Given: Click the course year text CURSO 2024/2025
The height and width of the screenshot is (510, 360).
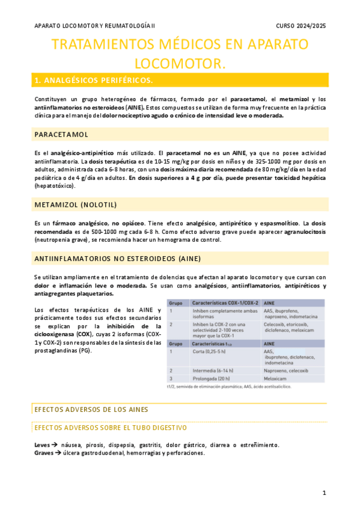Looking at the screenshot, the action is (301, 26).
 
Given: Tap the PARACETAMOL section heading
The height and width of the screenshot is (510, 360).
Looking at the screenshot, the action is (61, 134).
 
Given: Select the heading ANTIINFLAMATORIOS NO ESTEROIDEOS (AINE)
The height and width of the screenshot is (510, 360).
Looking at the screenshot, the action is (117, 259).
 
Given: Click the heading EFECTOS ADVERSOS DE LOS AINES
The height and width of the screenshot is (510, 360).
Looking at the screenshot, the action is (91, 410).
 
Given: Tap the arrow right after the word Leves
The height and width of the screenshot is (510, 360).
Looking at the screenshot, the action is (55, 445).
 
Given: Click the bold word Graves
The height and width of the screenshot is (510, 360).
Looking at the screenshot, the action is (46, 453).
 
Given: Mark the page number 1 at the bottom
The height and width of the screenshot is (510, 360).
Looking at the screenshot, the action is (324, 493).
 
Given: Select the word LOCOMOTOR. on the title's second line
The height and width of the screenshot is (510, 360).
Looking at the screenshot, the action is (180, 63).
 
